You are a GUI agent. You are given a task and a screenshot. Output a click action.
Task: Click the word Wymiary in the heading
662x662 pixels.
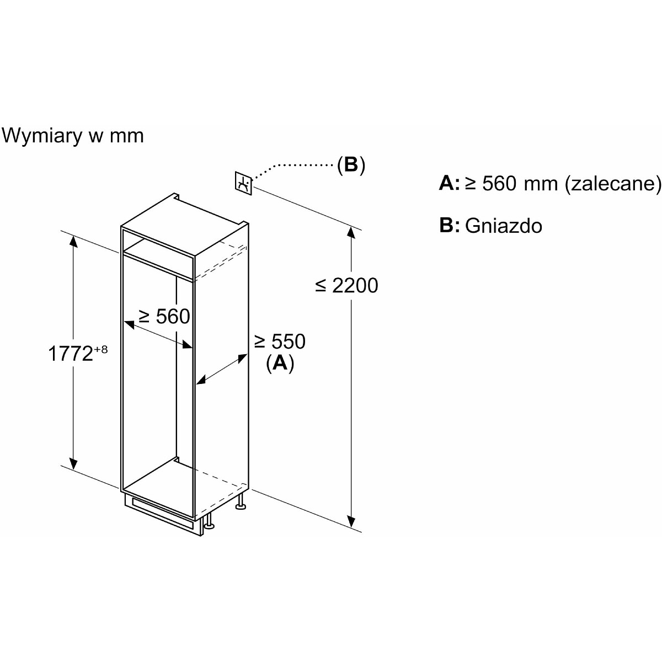[x=42, y=135]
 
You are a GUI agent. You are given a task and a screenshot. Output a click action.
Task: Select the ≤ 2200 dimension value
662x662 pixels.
[x=347, y=285]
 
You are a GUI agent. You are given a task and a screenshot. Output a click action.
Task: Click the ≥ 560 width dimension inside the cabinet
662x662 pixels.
[x=164, y=316]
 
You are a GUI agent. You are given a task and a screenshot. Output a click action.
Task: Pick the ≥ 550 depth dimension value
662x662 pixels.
[x=280, y=341]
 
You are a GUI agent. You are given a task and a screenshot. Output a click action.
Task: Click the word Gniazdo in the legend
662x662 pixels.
[x=504, y=226]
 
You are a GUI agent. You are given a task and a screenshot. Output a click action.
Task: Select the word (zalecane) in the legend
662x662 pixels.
[x=613, y=183]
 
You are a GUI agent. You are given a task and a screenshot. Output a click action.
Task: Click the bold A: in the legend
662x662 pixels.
[x=449, y=183]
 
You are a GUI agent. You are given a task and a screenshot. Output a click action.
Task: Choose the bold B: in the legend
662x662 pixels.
[x=449, y=226]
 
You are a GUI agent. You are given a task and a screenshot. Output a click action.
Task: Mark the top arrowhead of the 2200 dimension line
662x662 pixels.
[x=350, y=232]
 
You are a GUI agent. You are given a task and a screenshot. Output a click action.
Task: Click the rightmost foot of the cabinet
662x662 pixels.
[x=241, y=503]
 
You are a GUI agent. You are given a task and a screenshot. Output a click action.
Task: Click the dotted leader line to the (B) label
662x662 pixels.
[x=292, y=165]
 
